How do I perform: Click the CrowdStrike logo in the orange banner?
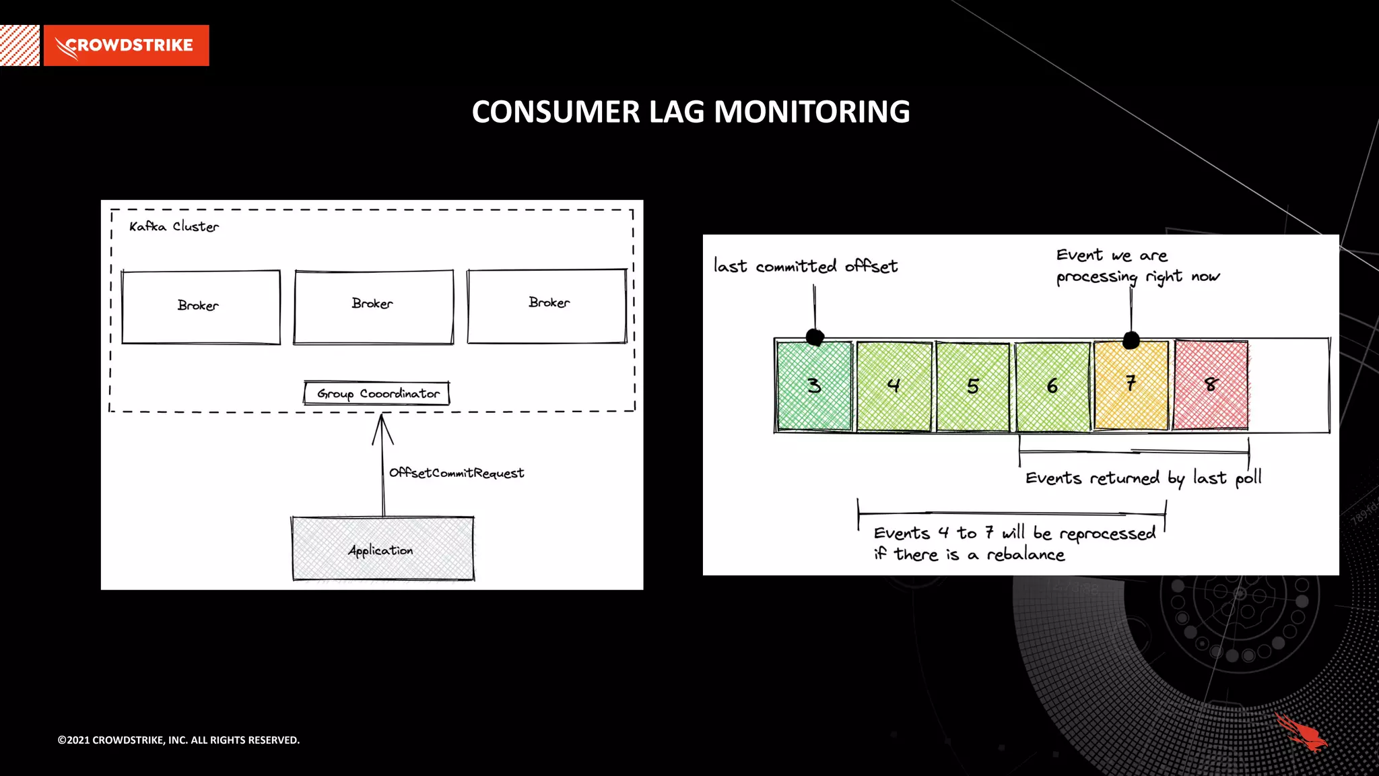point(126,45)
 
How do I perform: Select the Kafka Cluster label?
point(174,227)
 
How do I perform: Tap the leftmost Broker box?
point(201,307)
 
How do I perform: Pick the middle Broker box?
point(373,307)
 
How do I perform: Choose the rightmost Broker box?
point(547,306)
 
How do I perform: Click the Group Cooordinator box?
point(377,393)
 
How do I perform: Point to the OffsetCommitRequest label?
point(456,473)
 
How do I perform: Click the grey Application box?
point(382,549)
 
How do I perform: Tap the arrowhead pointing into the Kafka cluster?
point(382,426)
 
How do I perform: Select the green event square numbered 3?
point(813,386)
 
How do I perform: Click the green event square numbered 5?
point(972,386)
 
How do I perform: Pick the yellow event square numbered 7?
point(1131,386)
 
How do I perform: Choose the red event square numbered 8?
point(1210,386)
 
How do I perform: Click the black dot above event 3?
point(815,337)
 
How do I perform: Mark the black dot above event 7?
point(1131,340)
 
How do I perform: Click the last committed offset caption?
point(805,267)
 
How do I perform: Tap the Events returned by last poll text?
point(1143,478)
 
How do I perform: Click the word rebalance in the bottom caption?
point(1025,554)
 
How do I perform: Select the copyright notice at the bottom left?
point(178,740)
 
